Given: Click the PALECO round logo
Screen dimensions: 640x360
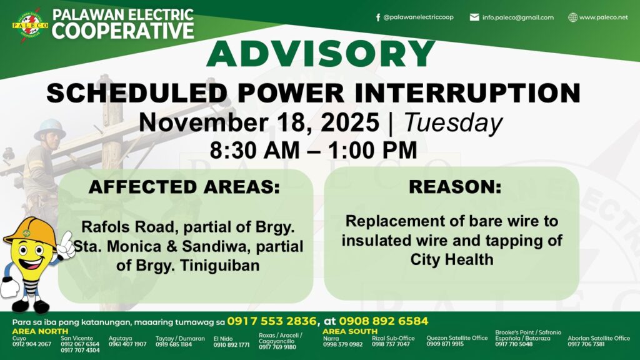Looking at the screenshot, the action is (x=30, y=25).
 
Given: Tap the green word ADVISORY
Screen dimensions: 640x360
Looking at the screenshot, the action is (x=321, y=54).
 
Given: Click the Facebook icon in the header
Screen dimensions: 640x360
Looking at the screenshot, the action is (x=378, y=17).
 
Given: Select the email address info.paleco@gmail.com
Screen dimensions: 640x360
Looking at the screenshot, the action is (x=517, y=17).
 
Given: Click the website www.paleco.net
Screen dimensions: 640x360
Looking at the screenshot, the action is (x=603, y=17).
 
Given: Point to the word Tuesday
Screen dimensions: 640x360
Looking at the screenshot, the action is (x=453, y=123).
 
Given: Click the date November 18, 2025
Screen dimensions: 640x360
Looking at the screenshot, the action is (x=259, y=122).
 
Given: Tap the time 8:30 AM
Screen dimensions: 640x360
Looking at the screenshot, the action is (x=255, y=150).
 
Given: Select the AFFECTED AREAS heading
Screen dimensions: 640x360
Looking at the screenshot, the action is (x=184, y=187).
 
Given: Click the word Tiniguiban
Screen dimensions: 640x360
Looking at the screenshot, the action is (x=219, y=265).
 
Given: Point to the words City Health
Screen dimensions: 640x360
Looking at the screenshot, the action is (x=452, y=259).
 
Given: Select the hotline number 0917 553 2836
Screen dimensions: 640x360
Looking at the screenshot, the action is (x=272, y=321).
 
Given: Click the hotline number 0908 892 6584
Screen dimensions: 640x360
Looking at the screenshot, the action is (x=384, y=321).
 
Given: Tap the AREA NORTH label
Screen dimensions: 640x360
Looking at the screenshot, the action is (x=40, y=331).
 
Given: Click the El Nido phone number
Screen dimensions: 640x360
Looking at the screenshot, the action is (x=231, y=345).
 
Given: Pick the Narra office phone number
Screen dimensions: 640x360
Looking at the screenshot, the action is (x=343, y=344).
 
